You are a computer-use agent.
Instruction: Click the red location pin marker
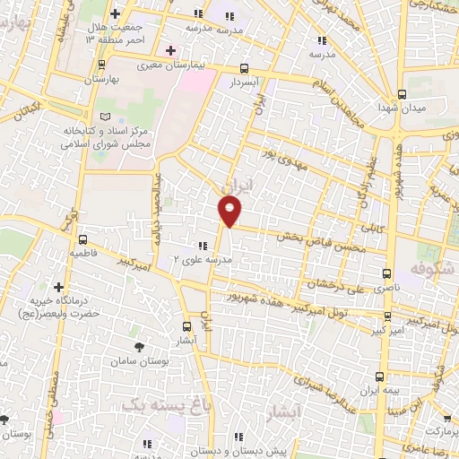click(x=230, y=212)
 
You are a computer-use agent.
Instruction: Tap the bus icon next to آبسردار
click(x=245, y=68)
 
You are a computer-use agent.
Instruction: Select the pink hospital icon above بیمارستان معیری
click(x=170, y=50)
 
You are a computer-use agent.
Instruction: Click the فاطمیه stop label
click(x=83, y=255)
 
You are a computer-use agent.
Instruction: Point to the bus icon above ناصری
click(x=386, y=273)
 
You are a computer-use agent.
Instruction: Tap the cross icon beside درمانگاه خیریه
click(x=58, y=287)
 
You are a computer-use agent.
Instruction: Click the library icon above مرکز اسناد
click(x=108, y=118)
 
